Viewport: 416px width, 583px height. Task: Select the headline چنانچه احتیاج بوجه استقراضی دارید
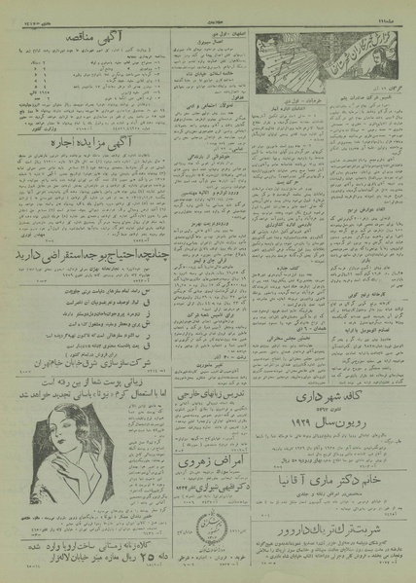coord(85,255)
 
